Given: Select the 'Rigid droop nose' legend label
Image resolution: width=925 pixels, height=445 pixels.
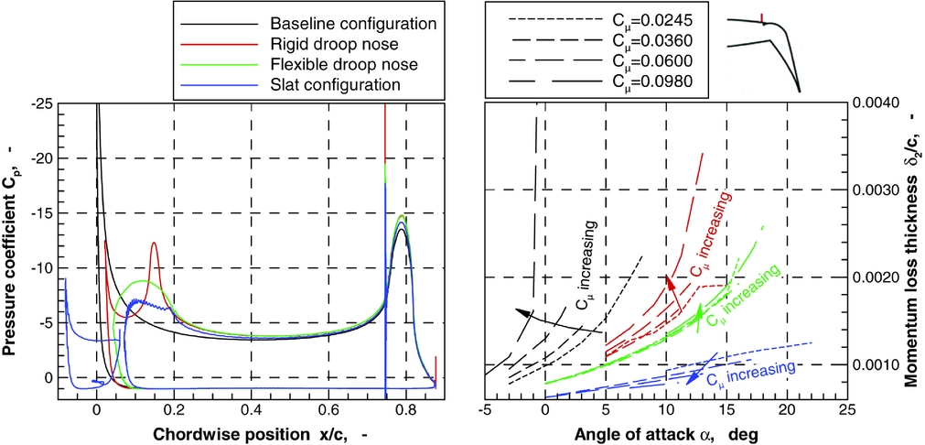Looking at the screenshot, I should (339, 43).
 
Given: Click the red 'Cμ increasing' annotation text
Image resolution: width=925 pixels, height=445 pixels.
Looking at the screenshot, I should (710, 235).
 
